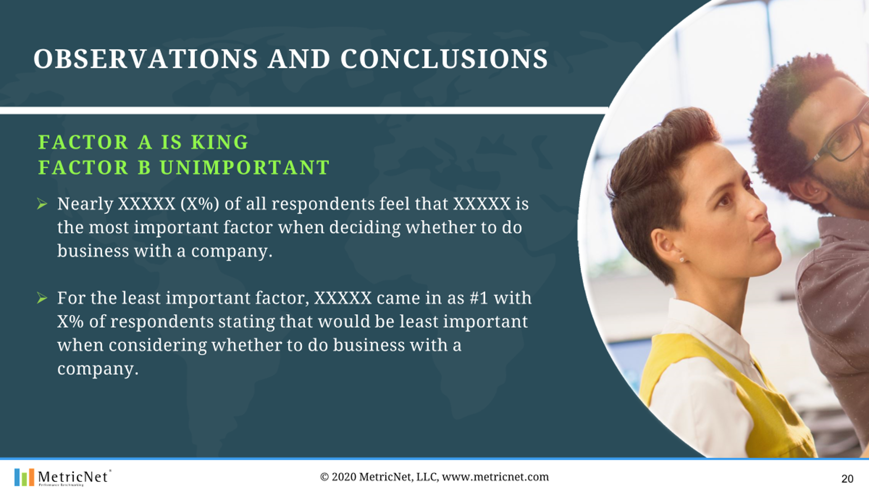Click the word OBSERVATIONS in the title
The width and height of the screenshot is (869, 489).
146,59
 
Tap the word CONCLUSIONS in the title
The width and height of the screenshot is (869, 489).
444,59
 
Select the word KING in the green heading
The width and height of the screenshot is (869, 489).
220,142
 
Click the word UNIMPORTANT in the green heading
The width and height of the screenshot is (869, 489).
244,168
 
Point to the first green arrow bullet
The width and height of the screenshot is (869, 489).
42,204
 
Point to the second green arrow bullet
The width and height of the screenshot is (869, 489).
42,298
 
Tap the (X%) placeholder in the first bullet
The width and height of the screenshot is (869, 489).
200,204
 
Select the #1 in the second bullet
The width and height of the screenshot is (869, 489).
479,298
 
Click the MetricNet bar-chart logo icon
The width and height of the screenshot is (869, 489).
24,478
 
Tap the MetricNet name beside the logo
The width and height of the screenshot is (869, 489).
73,477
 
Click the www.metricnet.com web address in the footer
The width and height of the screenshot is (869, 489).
495,477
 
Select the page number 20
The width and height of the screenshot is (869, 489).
847,479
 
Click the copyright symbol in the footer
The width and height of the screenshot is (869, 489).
324,477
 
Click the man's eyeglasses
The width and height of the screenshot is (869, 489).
838,141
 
